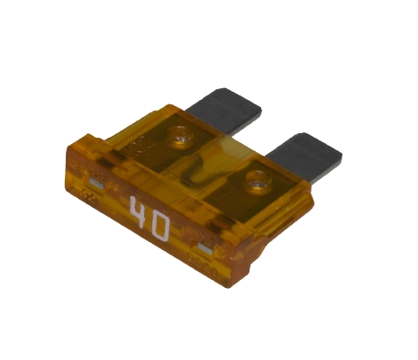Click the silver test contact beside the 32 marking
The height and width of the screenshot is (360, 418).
coord(96,184)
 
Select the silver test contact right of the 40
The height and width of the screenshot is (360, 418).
coord(205,248)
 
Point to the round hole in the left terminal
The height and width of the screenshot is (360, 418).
coord(180,137)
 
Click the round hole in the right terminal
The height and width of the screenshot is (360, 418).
coord(259,181)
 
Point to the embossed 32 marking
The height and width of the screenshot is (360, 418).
coord(90,196)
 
